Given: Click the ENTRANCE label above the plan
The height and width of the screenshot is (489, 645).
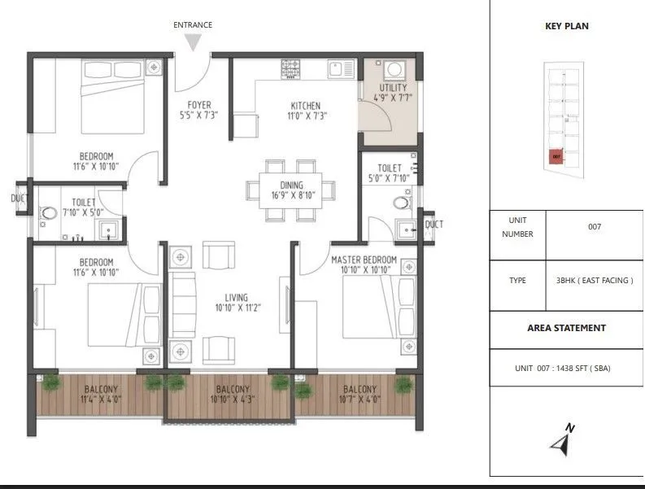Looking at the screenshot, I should [193, 25].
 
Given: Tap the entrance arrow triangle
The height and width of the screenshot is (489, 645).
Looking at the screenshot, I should [193, 43].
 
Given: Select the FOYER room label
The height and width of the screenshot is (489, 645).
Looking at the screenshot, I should [199, 105].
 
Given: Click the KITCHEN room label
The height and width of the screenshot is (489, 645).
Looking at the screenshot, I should [306, 106].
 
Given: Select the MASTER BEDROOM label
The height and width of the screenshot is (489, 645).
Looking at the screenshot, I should [364, 260].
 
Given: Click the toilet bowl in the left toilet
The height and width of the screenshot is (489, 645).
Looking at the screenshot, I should [50, 214].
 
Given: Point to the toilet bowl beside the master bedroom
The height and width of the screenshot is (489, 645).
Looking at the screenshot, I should [401, 202].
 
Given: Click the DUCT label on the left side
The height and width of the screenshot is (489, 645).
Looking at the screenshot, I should [20, 198].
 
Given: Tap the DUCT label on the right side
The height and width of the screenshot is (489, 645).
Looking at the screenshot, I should [434, 225].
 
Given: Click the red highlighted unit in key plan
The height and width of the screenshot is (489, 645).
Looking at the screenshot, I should [556, 156].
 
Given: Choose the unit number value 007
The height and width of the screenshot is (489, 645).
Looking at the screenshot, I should [594, 227].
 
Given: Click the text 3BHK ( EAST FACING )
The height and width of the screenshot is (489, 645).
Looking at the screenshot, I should [594, 281].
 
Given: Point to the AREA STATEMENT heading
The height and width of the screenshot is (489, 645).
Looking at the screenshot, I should [566, 328].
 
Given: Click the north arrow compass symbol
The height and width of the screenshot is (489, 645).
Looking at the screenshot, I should [560, 441].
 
